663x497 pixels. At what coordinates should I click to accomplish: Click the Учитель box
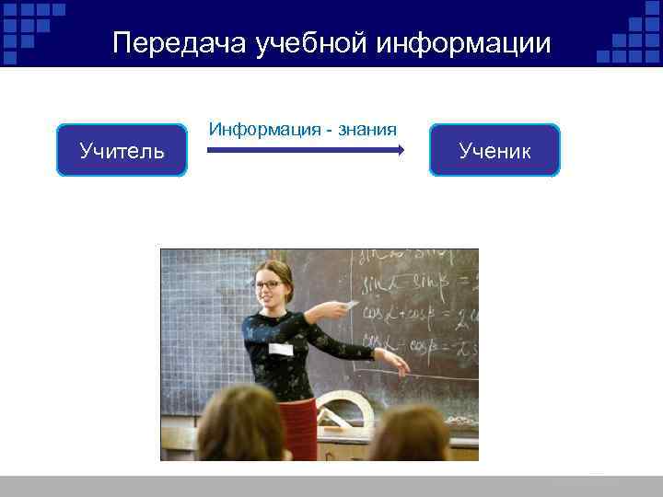coord(122,150)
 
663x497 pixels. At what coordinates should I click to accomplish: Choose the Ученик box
coord(494,150)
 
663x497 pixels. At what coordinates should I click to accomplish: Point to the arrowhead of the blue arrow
coord(399,150)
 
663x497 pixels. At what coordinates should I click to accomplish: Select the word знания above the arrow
coord(365,128)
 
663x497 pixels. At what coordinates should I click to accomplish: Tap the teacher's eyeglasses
coord(269,284)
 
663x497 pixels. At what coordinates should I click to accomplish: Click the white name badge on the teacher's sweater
coord(279,349)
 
